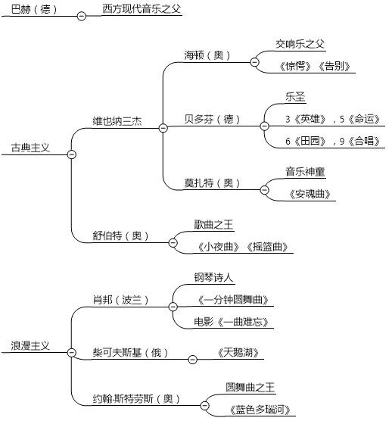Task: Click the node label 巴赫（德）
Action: [34, 10]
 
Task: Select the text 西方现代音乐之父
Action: [142, 9]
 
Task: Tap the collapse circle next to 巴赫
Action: [81, 16]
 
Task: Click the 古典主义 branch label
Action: [30, 148]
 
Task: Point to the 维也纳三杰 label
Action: [117, 121]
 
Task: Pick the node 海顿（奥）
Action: [207, 55]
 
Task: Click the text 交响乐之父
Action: [300, 44]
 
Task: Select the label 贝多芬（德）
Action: [212, 119]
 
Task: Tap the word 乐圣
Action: [295, 97]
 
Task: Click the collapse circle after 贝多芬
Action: [264, 126]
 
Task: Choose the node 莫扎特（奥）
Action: [212, 183]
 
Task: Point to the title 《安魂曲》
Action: [310, 194]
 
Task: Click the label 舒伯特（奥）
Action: [120, 236]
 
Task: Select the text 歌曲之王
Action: [213, 224]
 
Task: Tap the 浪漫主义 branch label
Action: [30, 345]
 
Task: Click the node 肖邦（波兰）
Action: [120, 300]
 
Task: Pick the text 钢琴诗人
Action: [213, 277]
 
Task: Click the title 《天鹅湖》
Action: [238, 352]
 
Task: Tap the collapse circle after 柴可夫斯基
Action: [192, 360]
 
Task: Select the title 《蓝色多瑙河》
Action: [260, 410]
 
